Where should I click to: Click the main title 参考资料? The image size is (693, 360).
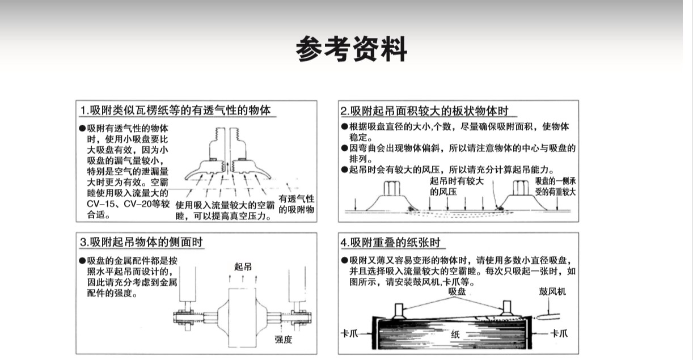point(352,49)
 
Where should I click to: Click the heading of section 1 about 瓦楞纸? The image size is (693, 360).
point(175,110)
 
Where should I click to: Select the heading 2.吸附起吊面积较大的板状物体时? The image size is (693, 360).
point(424,111)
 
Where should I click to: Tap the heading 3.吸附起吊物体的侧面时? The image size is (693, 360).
point(141,242)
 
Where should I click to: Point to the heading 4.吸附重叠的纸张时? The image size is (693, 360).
point(390,242)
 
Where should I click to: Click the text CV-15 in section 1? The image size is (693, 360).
point(102,204)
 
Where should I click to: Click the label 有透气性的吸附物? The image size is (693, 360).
point(296,204)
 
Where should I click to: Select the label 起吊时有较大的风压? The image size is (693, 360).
point(457,187)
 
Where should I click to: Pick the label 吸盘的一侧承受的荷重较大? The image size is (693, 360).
point(555,187)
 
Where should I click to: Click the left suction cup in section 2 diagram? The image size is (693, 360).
point(392,196)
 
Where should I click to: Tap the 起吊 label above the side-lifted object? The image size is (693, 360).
point(243,266)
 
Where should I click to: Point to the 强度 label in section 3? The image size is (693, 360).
point(283,339)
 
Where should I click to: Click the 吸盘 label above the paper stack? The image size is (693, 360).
point(457,291)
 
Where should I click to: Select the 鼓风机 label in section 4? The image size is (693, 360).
point(552,291)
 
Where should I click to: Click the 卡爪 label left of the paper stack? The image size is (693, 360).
point(349,333)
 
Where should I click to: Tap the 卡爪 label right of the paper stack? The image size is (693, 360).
point(559,333)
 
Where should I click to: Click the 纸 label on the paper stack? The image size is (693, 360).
point(455,334)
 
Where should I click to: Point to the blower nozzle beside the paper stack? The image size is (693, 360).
point(548,317)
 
